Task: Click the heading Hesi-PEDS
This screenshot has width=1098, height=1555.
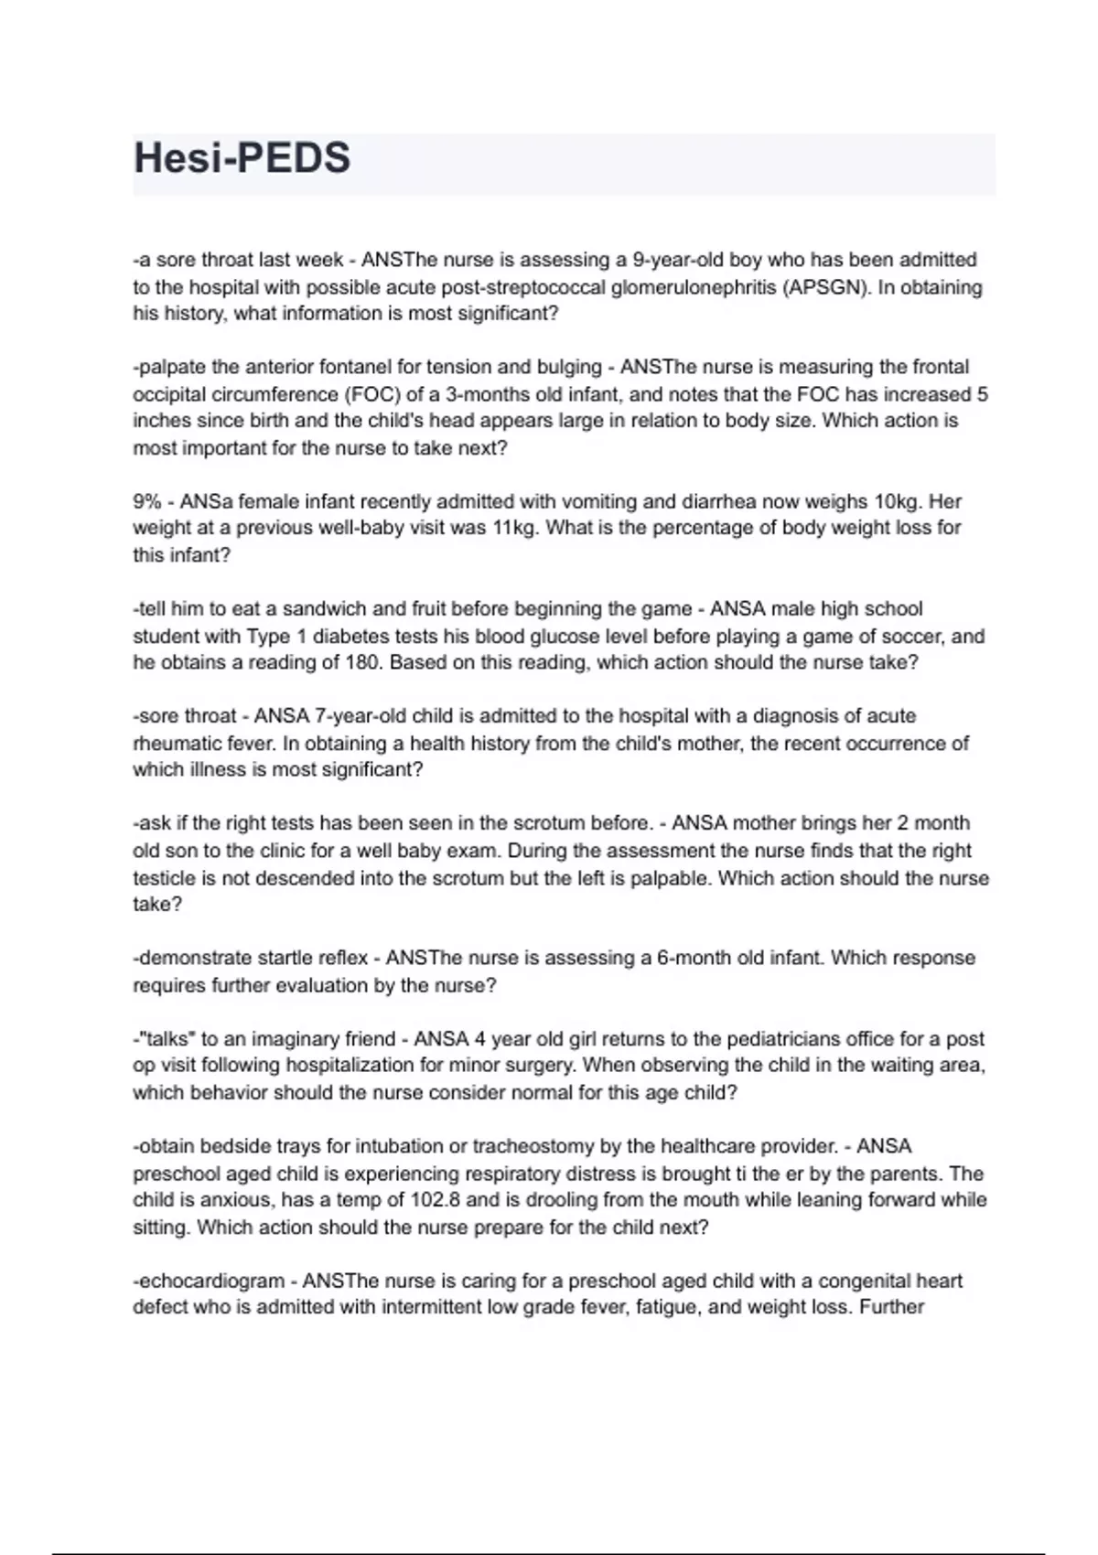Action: point(242,158)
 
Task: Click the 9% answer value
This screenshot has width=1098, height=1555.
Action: point(146,501)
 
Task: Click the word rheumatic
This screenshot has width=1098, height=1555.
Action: point(178,743)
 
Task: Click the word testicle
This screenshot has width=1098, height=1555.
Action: point(163,878)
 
